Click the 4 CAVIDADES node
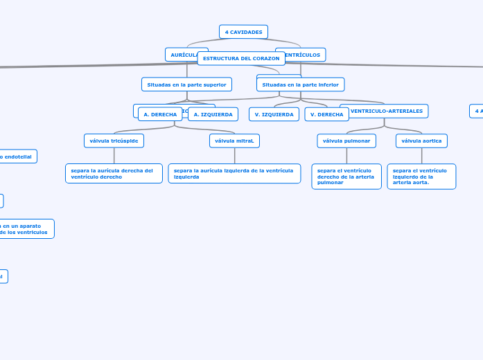coord(243,32)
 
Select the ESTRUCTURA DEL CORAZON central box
coord(241,58)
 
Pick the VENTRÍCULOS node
coord(306,54)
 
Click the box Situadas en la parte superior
coord(186,84)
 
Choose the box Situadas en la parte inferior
coord(300,84)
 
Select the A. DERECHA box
coord(160,114)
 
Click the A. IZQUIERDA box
coord(213,114)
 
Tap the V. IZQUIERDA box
coord(274,114)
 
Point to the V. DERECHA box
coord(326,114)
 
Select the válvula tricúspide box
coord(114,141)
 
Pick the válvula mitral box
coord(234,141)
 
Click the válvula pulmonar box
coord(346,141)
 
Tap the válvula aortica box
coord(421,141)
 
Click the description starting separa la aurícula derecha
coord(114,173)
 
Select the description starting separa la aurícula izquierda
coord(234,173)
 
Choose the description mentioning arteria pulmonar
coord(346,177)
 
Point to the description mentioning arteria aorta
coord(421,177)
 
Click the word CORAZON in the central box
coord(266,58)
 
